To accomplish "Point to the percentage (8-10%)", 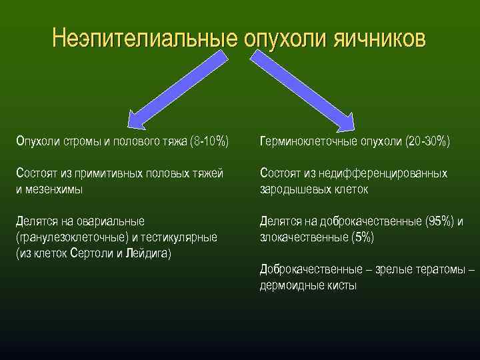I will tap(209, 141).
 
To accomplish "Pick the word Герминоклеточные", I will tap(308, 141).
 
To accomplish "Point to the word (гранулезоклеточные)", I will tap(71, 237).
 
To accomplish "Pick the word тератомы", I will tap(440, 269).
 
